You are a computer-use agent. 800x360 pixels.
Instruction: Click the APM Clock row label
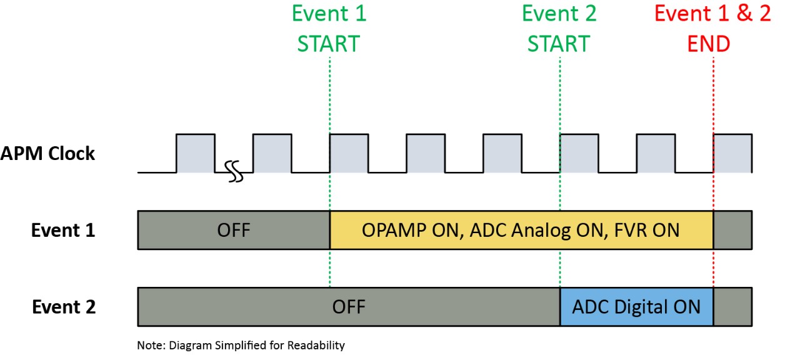pos(48,154)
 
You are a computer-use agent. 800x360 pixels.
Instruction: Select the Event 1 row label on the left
pos(63,230)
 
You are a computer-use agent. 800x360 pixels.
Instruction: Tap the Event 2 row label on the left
pos(63,307)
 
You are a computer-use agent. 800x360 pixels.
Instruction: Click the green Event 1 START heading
pos(329,28)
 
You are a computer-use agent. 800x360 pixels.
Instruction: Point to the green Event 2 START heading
pos(559,28)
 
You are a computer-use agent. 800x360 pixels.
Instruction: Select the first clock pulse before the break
pos(196,152)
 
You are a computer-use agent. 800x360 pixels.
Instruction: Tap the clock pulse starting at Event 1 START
pos(349,152)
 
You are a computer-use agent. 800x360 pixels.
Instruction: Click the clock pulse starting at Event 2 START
pos(579,152)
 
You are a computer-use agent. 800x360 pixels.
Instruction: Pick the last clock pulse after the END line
pos(732,152)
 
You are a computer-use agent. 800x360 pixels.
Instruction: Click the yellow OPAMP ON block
pos(521,230)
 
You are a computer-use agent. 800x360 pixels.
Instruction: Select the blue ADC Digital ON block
pos(636,307)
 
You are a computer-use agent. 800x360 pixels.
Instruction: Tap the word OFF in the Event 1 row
pos(233,230)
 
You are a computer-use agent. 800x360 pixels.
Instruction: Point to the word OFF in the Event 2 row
pos(348,307)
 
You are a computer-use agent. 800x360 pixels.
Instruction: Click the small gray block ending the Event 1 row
pos(732,230)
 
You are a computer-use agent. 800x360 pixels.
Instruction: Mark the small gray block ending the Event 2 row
pos(732,307)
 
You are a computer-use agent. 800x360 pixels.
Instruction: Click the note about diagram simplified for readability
pos(241,345)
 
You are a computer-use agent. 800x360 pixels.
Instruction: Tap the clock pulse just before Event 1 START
pos(272,152)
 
